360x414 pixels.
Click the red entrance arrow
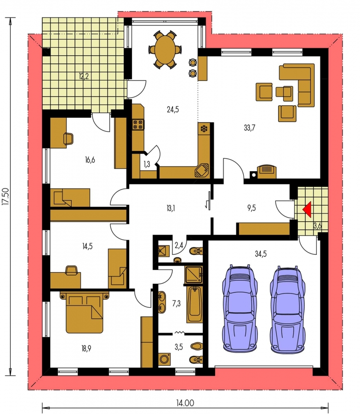pyautogui.click(x=308, y=209)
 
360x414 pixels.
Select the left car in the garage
pyautogui.click(x=240, y=308)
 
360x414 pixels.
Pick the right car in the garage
pyautogui.click(x=287, y=309)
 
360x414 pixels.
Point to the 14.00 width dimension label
pyautogui.click(x=185, y=403)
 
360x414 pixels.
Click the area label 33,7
pyautogui.click(x=249, y=128)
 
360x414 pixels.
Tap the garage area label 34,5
pyautogui.click(x=261, y=254)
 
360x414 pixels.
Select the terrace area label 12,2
pyautogui.click(x=83, y=76)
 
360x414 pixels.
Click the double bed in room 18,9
pyautogui.click(x=84, y=312)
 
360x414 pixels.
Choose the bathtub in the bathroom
pyautogui.click(x=194, y=305)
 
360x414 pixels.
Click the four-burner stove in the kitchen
pyautogui.click(x=138, y=124)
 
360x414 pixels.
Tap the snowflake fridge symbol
pyautogui.click(x=204, y=129)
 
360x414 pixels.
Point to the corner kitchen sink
pyautogui.click(x=201, y=170)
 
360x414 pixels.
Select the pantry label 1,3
pyautogui.click(x=147, y=164)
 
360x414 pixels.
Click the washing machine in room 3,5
pyautogui.click(x=165, y=359)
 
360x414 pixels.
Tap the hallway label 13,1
pyautogui.click(x=171, y=208)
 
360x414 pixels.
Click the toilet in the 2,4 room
pyautogui.click(x=196, y=251)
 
